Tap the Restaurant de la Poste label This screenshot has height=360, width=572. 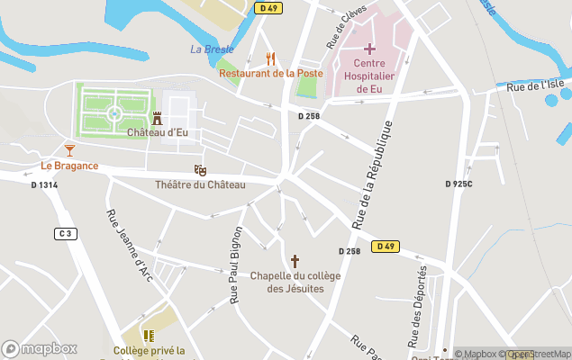coord(270,73)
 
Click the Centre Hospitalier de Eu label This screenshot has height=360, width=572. coord(369,76)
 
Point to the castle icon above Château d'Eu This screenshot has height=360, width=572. coord(158,118)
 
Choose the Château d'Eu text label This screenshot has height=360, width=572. coord(158,133)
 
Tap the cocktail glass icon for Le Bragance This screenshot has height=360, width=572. coord(69,149)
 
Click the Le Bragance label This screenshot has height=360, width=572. coord(69,166)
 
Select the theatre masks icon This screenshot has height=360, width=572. coord(200,169)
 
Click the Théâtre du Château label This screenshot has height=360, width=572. coord(200,184)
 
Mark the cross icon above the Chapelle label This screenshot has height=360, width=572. coord(295,260)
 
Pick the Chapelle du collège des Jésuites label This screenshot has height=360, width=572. coord(295,282)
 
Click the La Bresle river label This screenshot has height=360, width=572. coord(212,49)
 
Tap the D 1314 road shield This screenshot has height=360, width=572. coord(44,184)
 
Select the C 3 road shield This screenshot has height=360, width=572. coord(65,234)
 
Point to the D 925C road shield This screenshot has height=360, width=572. coord(459,184)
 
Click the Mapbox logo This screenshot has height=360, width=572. coord(40,348)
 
